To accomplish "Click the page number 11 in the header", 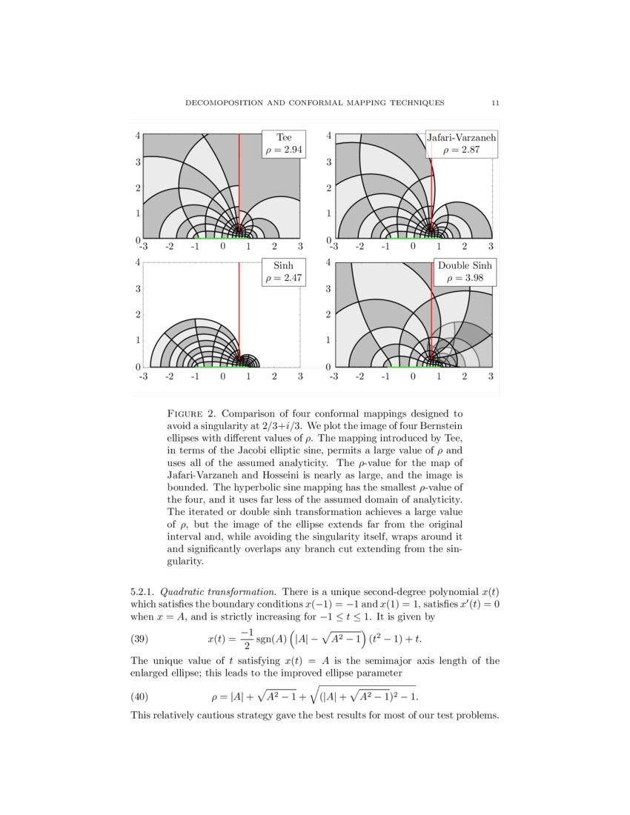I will (x=494, y=102).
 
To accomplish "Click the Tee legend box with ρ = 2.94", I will (x=284, y=144).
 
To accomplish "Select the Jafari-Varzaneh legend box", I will (x=461, y=144).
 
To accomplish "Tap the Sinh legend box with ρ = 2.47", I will (x=283, y=272).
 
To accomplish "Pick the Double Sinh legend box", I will (x=465, y=272).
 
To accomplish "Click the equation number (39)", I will (x=140, y=638).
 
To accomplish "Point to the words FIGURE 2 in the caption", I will (x=193, y=413).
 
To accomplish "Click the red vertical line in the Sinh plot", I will (x=239, y=311).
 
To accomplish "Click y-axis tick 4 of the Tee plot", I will (x=138, y=136).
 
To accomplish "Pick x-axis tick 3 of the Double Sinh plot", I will (x=491, y=376).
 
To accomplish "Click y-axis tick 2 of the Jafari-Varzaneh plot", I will (x=328, y=188).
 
